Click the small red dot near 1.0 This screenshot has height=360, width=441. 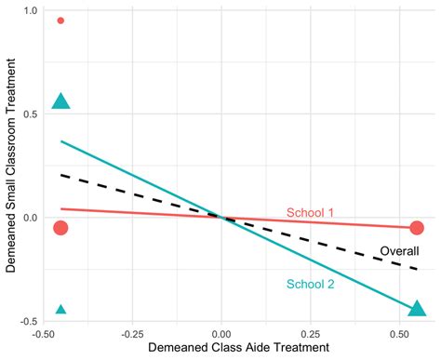60,20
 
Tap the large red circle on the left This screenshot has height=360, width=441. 60,228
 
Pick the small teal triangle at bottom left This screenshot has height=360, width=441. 60,310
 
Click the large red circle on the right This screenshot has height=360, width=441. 417,228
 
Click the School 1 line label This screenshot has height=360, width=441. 310,212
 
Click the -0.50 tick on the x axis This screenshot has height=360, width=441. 43,333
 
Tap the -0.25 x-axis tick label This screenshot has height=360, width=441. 132,333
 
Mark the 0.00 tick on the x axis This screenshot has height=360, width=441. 221,333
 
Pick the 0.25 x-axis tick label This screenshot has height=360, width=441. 311,333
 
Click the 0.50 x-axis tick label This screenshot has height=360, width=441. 400,333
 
